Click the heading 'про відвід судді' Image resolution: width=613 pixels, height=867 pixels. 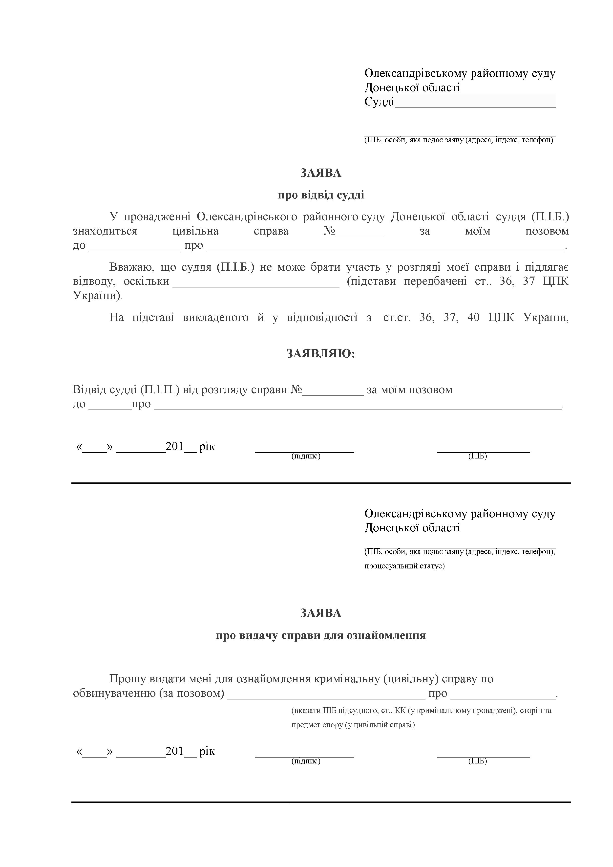point(321,195)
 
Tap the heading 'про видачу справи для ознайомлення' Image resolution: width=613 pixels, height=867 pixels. point(321,635)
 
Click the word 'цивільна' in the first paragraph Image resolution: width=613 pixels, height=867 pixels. point(195,231)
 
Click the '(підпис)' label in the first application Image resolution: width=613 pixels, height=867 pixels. point(306,456)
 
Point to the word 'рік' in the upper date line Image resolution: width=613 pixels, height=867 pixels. point(207,447)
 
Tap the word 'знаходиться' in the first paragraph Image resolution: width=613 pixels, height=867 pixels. point(105,231)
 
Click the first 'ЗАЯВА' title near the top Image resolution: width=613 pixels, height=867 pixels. point(321,173)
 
